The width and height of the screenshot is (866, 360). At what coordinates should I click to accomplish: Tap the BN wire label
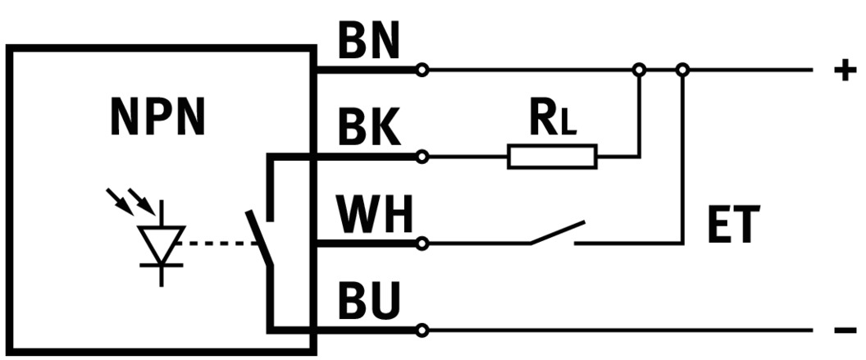point(368,43)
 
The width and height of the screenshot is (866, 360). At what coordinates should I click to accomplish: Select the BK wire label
point(368,129)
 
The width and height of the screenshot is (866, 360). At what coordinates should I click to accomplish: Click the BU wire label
point(368,304)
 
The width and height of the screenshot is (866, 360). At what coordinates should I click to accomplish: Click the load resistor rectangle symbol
point(552,157)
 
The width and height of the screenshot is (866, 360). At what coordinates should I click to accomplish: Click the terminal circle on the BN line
point(422,71)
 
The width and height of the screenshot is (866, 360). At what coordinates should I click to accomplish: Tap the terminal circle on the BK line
point(422,157)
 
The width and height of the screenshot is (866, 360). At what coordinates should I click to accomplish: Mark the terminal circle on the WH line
point(422,244)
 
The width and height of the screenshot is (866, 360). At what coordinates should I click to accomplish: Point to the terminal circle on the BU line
point(422,330)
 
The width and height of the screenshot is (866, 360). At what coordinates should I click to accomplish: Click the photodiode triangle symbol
point(161,242)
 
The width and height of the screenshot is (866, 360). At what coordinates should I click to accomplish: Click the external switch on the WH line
point(557,233)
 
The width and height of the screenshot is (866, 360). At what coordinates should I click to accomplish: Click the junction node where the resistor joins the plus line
point(640,71)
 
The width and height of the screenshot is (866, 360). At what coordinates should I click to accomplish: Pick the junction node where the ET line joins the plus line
point(682,71)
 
